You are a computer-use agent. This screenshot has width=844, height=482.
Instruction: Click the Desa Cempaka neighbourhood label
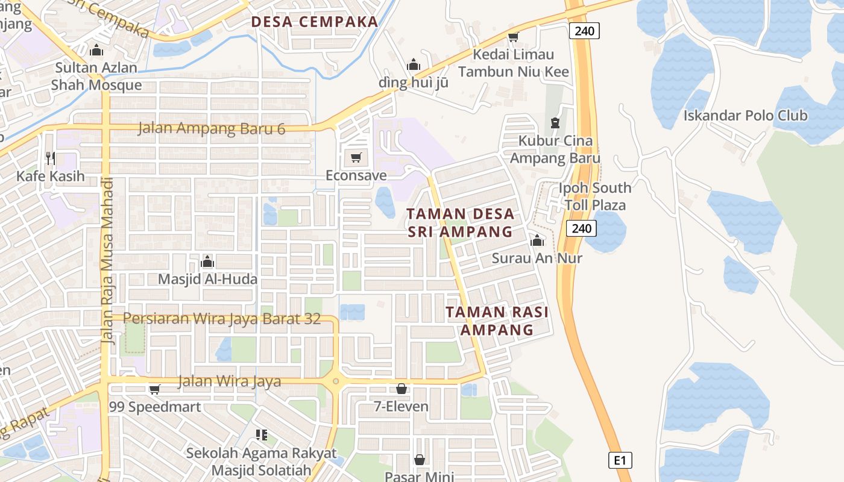[x=315, y=22]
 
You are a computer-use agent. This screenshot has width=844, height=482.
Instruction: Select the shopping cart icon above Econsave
[x=356, y=158]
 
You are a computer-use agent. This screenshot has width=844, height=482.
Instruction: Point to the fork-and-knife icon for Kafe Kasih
[x=51, y=158]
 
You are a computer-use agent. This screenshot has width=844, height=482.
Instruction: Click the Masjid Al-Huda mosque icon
[x=207, y=261]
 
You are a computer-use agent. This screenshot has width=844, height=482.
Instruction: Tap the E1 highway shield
[x=620, y=461]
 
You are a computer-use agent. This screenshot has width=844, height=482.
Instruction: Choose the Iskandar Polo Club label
[x=745, y=115]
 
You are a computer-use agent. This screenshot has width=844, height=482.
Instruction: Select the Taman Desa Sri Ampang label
[x=461, y=222]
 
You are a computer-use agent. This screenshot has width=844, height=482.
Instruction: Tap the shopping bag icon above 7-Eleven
[x=402, y=389]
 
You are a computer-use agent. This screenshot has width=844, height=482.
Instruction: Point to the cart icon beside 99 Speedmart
[x=155, y=390]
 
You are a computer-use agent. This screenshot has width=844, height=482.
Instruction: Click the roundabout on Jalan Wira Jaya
[x=335, y=381]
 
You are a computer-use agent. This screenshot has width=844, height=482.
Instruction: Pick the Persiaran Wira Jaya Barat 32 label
[x=222, y=318]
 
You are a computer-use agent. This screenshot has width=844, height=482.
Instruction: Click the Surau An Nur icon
[x=537, y=241]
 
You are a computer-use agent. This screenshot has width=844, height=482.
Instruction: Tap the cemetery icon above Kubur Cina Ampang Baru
[x=555, y=123]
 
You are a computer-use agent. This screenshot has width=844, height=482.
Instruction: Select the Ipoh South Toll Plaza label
[x=595, y=196]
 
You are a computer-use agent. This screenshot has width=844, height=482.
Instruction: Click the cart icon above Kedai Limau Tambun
[x=513, y=37]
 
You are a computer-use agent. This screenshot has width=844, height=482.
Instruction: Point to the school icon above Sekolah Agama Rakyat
[x=262, y=434]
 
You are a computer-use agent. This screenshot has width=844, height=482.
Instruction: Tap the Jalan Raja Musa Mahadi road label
[x=108, y=261]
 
